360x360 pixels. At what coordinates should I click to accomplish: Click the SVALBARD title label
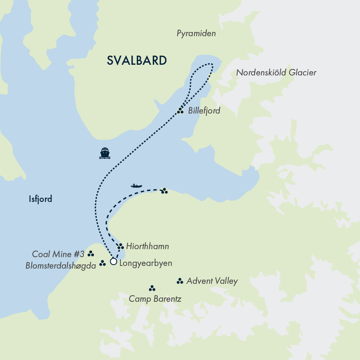(137, 61)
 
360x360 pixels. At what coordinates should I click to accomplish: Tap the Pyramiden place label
(196, 34)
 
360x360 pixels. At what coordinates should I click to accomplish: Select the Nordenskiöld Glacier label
(276, 72)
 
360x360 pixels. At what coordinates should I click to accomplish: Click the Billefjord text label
(204, 111)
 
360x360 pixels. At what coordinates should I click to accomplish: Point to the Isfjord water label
(40, 199)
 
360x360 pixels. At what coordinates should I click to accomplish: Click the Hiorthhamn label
(147, 247)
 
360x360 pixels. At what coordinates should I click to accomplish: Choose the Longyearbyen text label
(146, 263)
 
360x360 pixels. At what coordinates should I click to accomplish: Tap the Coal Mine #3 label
(58, 254)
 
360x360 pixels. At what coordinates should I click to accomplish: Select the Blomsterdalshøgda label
(61, 266)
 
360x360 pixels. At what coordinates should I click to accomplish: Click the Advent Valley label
(212, 282)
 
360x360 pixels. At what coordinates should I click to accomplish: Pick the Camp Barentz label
(155, 299)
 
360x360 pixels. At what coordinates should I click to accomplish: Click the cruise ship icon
(105, 153)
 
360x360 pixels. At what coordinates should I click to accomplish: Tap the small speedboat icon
(136, 186)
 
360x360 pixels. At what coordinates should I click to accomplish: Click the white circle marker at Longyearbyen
(113, 262)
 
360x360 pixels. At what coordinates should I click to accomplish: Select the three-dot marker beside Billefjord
(180, 111)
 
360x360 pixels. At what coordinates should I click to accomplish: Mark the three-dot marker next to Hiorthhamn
(120, 246)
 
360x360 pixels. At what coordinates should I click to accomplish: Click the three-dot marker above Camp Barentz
(152, 288)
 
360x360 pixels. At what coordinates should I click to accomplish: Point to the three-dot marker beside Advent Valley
(179, 282)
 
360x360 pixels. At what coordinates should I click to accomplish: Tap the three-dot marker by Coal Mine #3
(91, 254)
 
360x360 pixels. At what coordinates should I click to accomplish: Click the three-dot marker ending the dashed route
(164, 191)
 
